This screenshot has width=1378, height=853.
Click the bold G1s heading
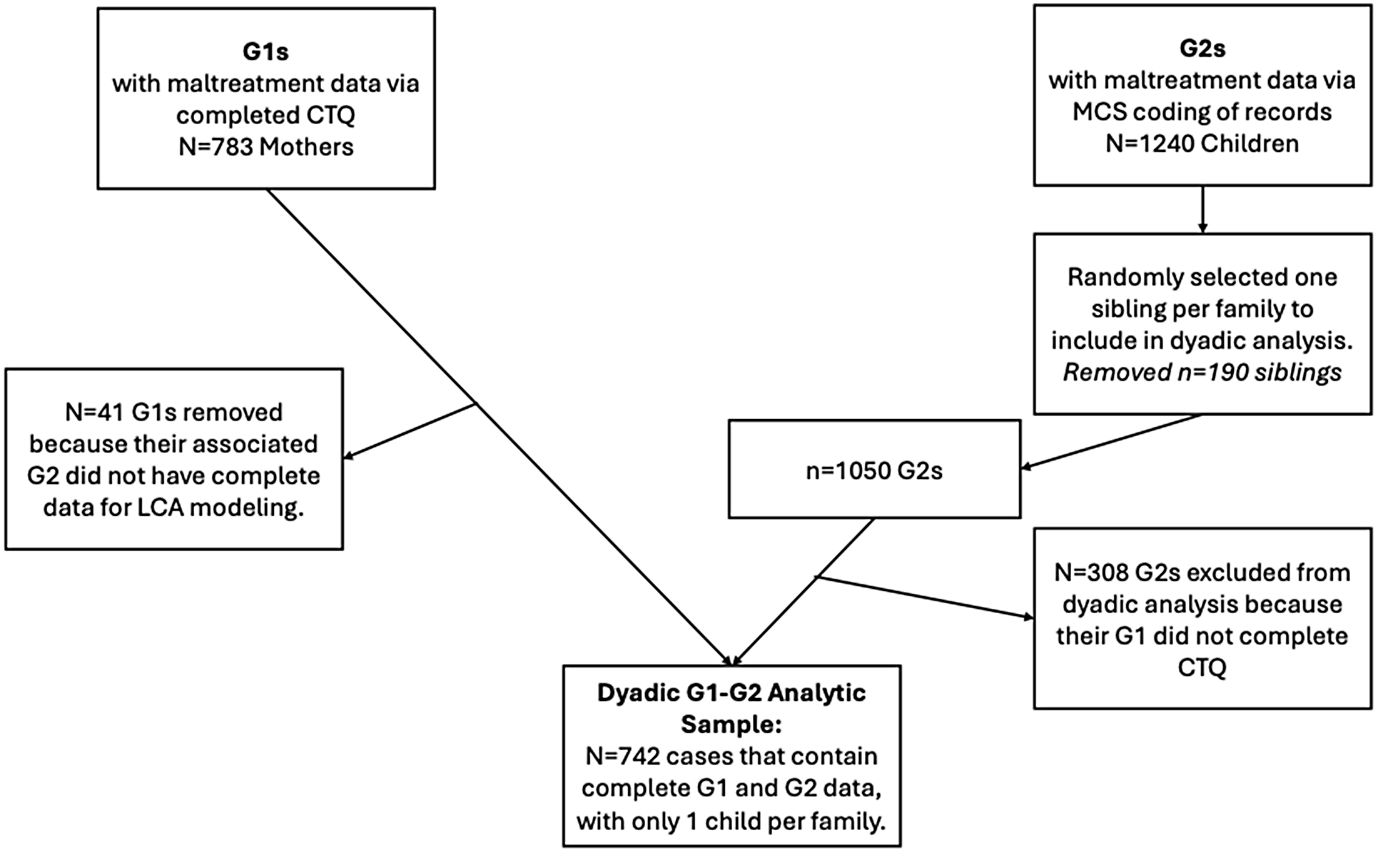click(x=266, y=51)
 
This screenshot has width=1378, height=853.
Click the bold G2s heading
click(x=1202, y=48)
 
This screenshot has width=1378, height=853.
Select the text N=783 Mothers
click(x=266, y=147)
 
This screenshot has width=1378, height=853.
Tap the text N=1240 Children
click(x=1202, y=143)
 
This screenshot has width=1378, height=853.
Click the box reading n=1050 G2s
click(x=874, y=470)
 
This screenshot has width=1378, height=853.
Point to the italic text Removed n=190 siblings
click(x=1202, y=373)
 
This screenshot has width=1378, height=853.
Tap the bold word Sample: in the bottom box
click(x=731, y=724)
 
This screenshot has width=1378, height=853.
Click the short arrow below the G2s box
click(x=1202, y=210)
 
